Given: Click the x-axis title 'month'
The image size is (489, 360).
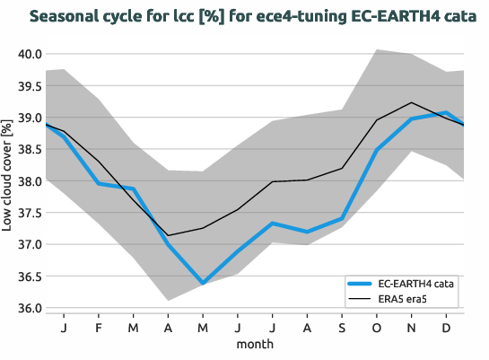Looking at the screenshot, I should (x=255, y=343).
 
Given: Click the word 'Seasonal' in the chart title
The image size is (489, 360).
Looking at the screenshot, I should (x=68, y=15).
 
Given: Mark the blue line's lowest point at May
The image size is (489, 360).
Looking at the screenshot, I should (x=203, y=283).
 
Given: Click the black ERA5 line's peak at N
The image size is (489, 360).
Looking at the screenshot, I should (x=412, y=102).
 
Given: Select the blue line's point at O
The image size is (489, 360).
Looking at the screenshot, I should (x=377, y=150).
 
